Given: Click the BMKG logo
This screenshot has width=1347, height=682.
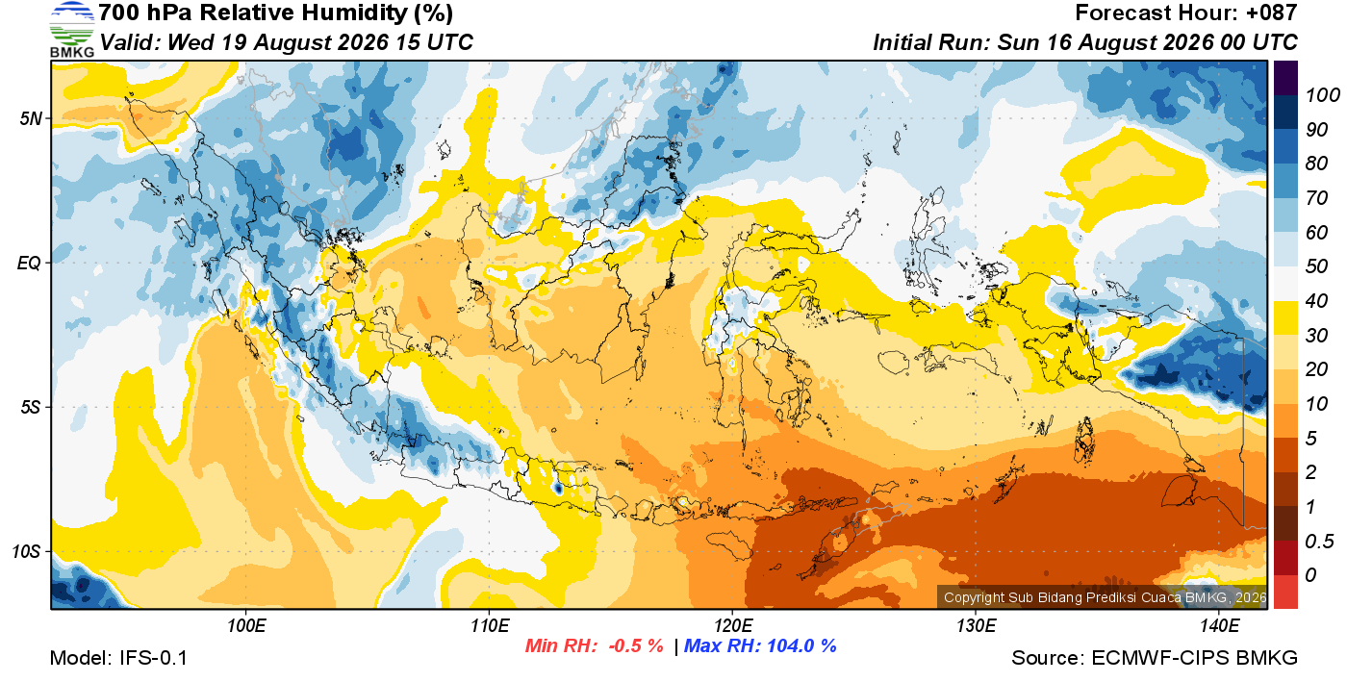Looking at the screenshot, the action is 71,29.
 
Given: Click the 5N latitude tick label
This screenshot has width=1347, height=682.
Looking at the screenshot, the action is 31,118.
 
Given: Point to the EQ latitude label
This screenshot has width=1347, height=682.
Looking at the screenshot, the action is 29,263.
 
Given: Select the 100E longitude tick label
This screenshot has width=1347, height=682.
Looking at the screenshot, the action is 246,626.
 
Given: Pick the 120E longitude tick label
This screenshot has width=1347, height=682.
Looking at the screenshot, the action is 733,626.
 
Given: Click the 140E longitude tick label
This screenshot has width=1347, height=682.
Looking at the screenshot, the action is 1220,626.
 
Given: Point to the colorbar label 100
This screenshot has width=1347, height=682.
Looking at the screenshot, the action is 1322,95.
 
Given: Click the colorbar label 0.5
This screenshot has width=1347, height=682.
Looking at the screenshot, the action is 1319,542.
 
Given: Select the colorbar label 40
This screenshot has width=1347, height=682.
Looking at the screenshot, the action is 1316,301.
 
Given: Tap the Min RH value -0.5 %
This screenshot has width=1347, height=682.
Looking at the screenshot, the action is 636,645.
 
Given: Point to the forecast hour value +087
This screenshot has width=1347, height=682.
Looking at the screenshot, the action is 1271,13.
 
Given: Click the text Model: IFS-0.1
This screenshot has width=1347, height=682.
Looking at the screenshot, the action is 118,658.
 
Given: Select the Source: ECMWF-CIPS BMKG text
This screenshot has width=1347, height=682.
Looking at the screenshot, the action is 1155,658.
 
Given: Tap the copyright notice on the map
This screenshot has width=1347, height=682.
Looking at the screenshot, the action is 1106,597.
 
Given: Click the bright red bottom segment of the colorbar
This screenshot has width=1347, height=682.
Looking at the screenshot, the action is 1285,592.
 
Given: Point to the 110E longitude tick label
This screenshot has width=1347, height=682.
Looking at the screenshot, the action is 490,626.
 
